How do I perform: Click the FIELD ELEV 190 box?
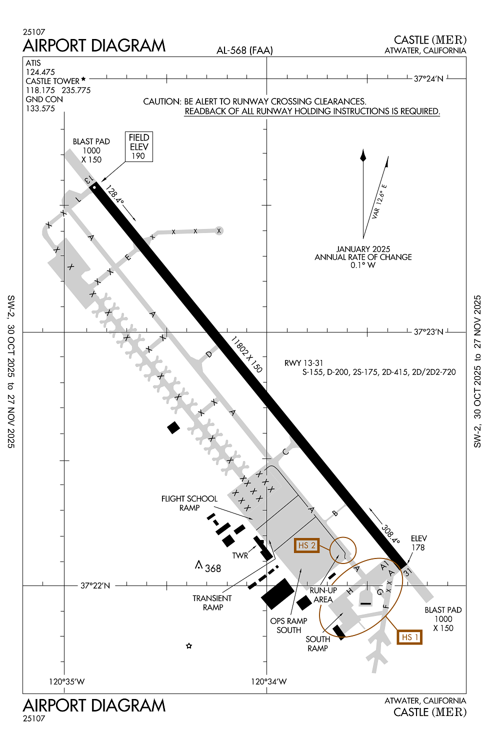click(138, 146)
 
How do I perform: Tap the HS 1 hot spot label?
click(409, 637)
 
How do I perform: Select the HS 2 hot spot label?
click(306, 545)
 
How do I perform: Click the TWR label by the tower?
click(240, 555)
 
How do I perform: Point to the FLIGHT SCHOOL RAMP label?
click(189, 503)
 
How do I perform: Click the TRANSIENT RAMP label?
click(212, 602)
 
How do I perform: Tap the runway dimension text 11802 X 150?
click(246, 354)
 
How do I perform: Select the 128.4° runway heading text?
click(115, 194)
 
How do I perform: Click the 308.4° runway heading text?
click(390, 533)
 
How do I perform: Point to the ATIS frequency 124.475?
click(40, 72)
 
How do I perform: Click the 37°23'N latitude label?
click(428, 331)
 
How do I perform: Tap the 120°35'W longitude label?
click(66, 681)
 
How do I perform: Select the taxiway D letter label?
click(208, 354)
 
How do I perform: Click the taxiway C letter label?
click(285, 451)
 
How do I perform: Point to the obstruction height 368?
click(212, 568)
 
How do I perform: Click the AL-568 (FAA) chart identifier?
click(244, 50)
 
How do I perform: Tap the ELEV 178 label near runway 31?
click(418, 543)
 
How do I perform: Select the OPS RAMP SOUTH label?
click(288, 625)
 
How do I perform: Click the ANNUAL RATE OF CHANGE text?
click(363, 257)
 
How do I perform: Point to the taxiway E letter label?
click(127, 257)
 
